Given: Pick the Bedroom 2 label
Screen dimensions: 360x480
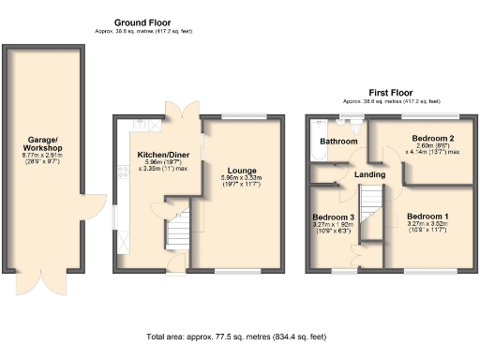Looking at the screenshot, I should pyautogui.click(x=432, y=138).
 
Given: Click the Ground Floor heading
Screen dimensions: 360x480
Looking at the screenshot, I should pyautogui.click(x=141, y=22).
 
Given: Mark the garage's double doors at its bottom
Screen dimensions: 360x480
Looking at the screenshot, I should pyautogui.click(x=44, y=281).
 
